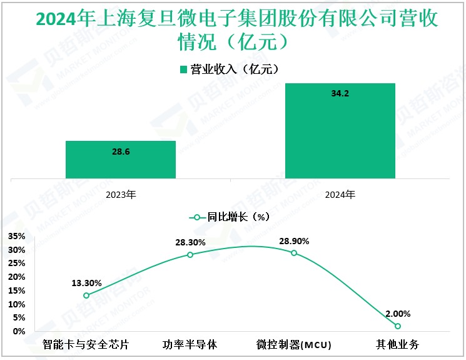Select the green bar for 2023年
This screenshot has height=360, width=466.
(120, 160)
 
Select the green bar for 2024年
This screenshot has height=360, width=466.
(340, 131)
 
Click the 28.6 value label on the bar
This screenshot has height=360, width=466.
(120, 152)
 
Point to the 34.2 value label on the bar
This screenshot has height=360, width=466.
(340, 94)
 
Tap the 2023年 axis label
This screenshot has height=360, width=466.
(120, 194)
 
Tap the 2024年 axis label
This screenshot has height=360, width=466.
(340, 194)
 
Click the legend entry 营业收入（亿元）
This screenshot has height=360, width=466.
(233, 69)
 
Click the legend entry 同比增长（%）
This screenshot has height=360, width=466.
(233, 217)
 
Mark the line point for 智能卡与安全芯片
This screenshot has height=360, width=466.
(86, 296)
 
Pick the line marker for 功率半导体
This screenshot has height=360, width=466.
(190, 255)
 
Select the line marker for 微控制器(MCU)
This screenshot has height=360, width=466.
(294, 253)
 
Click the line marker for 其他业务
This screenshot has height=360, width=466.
(397, 326)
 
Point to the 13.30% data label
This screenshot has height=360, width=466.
(86, 283)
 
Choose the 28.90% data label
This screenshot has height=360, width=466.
(294, 240)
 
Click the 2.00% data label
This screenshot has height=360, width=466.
(397, 314)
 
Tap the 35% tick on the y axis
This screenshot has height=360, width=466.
(16, 236)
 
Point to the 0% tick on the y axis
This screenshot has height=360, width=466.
(19, 331)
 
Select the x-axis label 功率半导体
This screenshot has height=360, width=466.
(190, 345)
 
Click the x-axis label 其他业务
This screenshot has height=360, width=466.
(397, 345)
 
